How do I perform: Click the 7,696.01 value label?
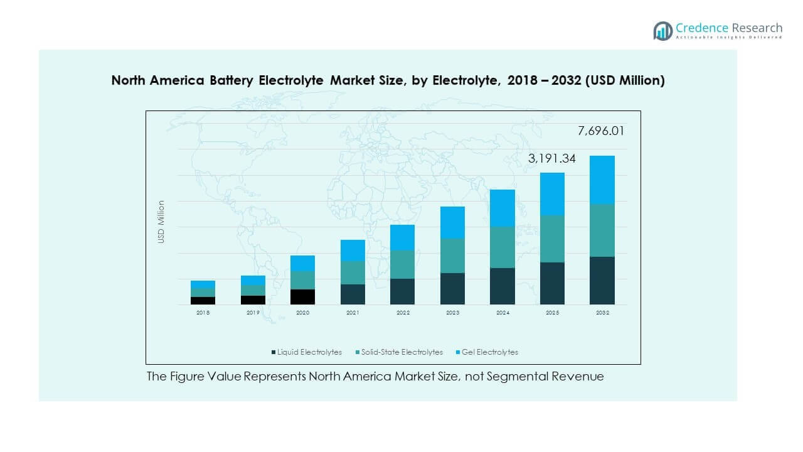coord(600,131)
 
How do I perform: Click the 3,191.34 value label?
coord(552,159)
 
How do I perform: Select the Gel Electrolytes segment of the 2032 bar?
coord(602,180)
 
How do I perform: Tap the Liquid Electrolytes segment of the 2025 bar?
coord(552,283)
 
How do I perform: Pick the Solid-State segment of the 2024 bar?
coord(502,247)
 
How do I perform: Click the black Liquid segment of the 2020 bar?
coord(302,297)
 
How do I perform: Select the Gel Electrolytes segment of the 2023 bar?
coord(452,222)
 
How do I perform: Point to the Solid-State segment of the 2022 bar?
coord(402,264)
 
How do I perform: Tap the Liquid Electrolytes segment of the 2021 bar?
coord(353,294)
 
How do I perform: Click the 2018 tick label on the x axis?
coord(203,313)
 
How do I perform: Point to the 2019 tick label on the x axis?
coord(253,313)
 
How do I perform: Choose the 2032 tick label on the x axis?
coord(602,313)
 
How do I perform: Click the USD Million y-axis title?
coord(161,222)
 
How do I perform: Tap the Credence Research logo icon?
coord(662,31)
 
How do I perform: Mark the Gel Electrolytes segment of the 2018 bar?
coord(203,284)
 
